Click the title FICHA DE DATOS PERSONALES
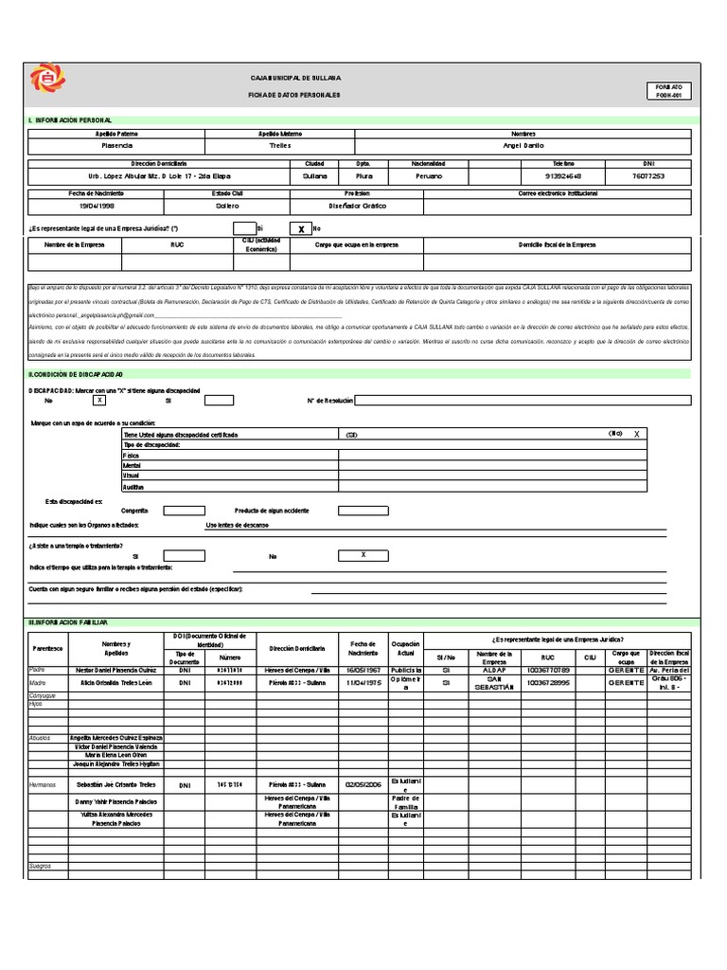pos(293,96)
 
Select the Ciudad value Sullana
pos(314,176)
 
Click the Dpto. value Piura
pos(363,176)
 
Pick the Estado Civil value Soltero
pos(225,206)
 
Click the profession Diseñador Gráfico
pos(358,206)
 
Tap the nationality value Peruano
pos(428,176)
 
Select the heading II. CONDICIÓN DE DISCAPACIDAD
pos(76,375)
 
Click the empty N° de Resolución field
pos(523,401)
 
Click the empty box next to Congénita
pos(184,511)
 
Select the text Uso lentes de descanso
pos(237,524)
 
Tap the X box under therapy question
pos(363,556)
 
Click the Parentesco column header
pos(47,648)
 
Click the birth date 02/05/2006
pos(363,785)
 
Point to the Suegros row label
pos(41,866)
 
